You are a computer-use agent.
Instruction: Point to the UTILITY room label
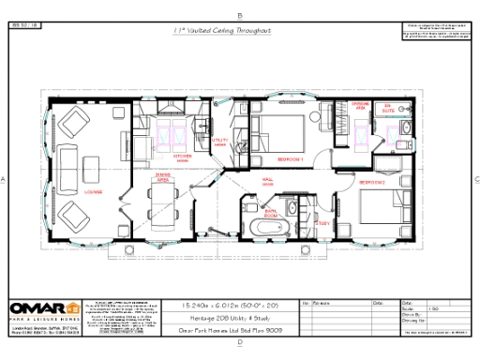click(x=221, y=142)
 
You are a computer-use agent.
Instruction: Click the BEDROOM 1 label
click(x=293, y=160)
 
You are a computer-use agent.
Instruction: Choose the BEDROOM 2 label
click(x=370, y=181)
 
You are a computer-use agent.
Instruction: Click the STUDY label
click(x=320, y=223)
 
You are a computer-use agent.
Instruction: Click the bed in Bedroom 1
click(x=288, y=128)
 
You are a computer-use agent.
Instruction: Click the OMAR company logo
click(x=43, y=309)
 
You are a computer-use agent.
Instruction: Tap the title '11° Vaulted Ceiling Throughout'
click(x=222, y=31)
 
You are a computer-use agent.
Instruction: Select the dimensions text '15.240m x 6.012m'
click(x=221, y=306)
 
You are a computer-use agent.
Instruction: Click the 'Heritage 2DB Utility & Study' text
click(x=221, y=319)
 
